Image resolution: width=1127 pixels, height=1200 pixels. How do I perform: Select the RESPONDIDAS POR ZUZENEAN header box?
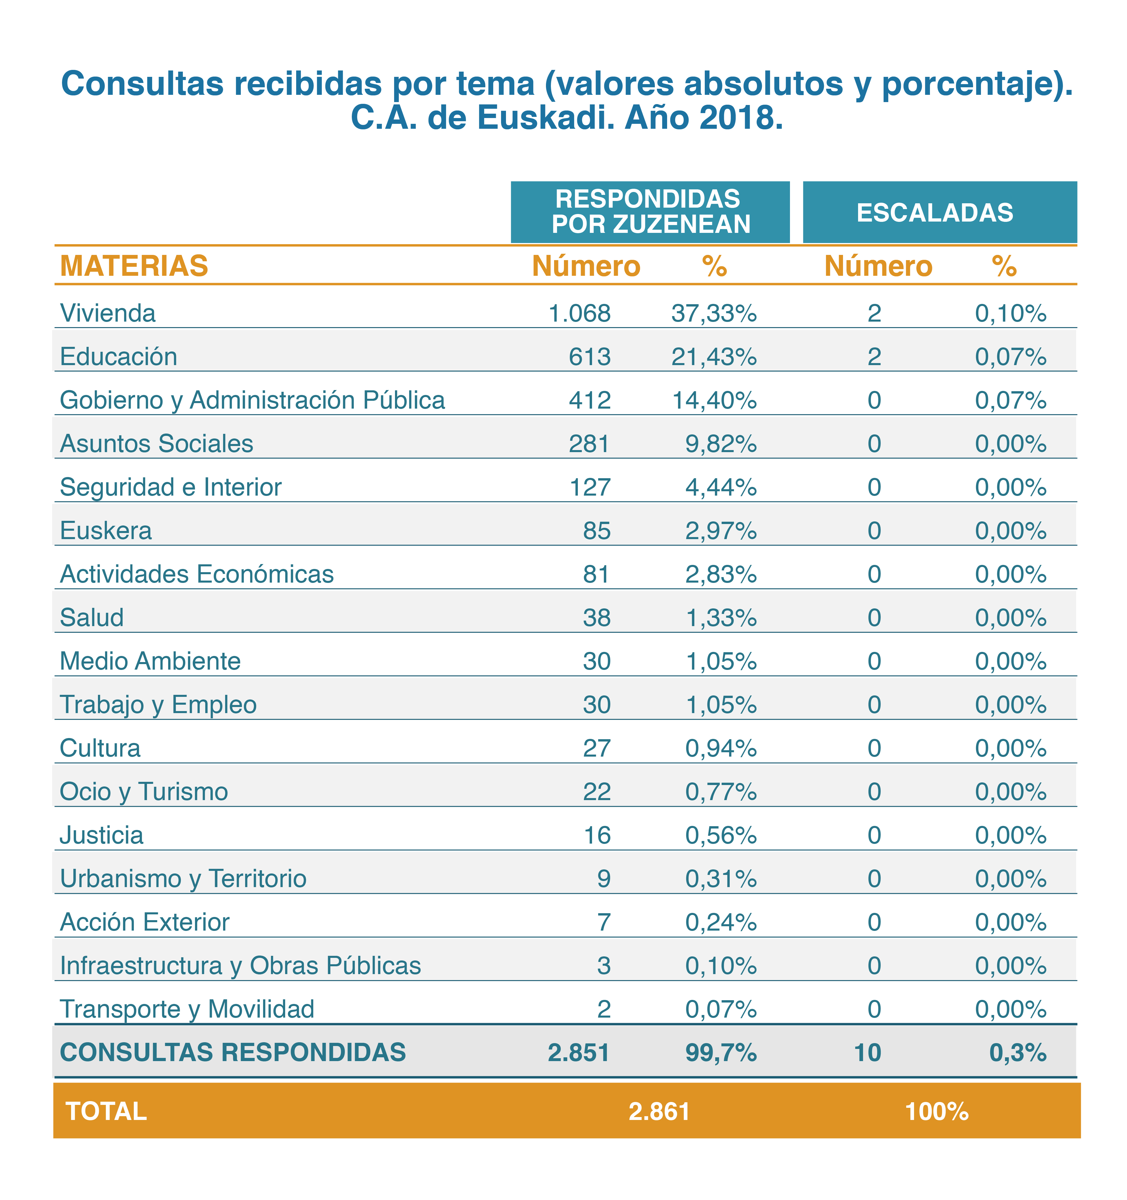pos(650,212)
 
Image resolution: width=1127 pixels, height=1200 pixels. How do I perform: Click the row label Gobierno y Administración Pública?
pos(252,400)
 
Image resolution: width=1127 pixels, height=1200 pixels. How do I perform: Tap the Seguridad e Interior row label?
pos(171,487)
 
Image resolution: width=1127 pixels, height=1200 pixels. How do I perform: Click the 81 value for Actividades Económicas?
pos(596,574)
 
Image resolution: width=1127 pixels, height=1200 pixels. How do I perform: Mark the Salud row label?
pos(92,617)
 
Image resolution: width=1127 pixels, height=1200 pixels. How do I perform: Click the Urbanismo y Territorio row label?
pos(183,879)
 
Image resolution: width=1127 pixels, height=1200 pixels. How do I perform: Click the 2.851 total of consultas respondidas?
pos(579,1053)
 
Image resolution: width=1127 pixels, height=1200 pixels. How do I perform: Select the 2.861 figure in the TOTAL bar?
pos(659,1111)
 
